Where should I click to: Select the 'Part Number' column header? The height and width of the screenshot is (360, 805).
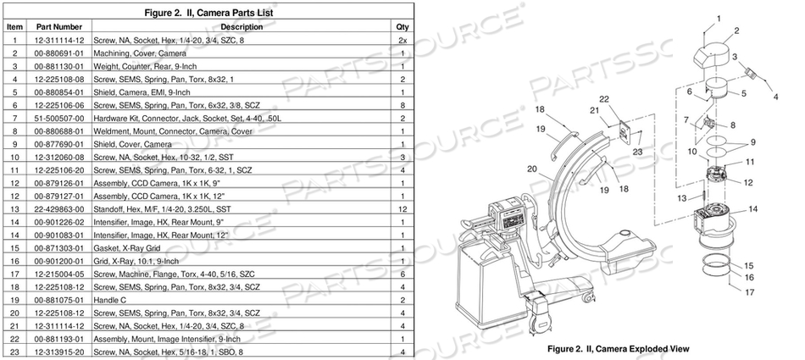(58, 27)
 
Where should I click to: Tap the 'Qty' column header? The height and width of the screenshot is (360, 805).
(402, 27)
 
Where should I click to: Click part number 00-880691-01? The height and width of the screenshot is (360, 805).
(58, 53)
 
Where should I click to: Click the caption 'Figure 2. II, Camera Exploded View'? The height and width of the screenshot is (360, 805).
(619, 348)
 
